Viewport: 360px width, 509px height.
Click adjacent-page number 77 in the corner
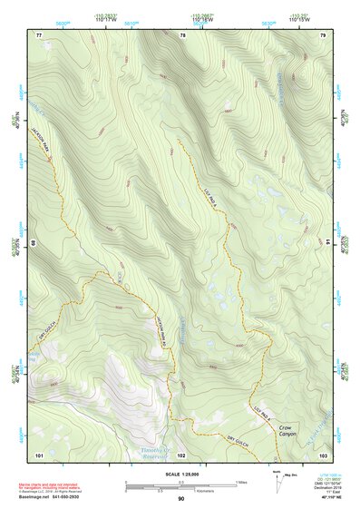(39, 35)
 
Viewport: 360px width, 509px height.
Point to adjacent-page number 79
(323, 35)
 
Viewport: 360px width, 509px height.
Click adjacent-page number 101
(39, 454)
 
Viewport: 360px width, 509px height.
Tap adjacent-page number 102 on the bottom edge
(181, 454)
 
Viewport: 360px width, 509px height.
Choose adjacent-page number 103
(323, 454)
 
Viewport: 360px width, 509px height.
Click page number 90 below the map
(181, 499)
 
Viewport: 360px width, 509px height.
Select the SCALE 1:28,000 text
(181, 472)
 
